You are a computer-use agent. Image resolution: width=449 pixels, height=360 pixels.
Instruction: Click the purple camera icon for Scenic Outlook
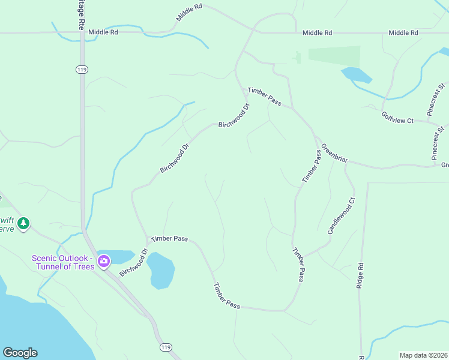click(104, 260)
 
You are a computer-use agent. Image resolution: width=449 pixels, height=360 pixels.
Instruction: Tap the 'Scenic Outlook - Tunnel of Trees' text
click(63, 262)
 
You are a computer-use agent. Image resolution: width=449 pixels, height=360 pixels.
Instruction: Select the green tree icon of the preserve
click(23, 224)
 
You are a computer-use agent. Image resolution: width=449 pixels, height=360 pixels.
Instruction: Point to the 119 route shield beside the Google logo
click(166, 347)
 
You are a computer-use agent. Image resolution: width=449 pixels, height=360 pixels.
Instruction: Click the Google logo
click(20, 353)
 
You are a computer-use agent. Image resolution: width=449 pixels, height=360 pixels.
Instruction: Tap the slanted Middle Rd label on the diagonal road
click(189, 13)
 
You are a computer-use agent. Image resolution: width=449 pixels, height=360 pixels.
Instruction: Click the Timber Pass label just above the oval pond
click(169, 238)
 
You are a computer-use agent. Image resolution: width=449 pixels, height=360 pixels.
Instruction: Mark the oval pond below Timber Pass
click(161, 270)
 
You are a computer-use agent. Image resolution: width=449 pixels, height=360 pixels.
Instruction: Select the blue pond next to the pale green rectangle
click(357, 75)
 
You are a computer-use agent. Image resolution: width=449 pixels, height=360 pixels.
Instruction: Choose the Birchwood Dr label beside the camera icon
click(133, 263)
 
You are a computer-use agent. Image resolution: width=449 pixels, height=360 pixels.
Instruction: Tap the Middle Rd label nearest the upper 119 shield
click(103, 32)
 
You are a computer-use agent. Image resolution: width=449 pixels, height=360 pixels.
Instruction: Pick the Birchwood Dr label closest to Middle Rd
click(234, 116)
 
